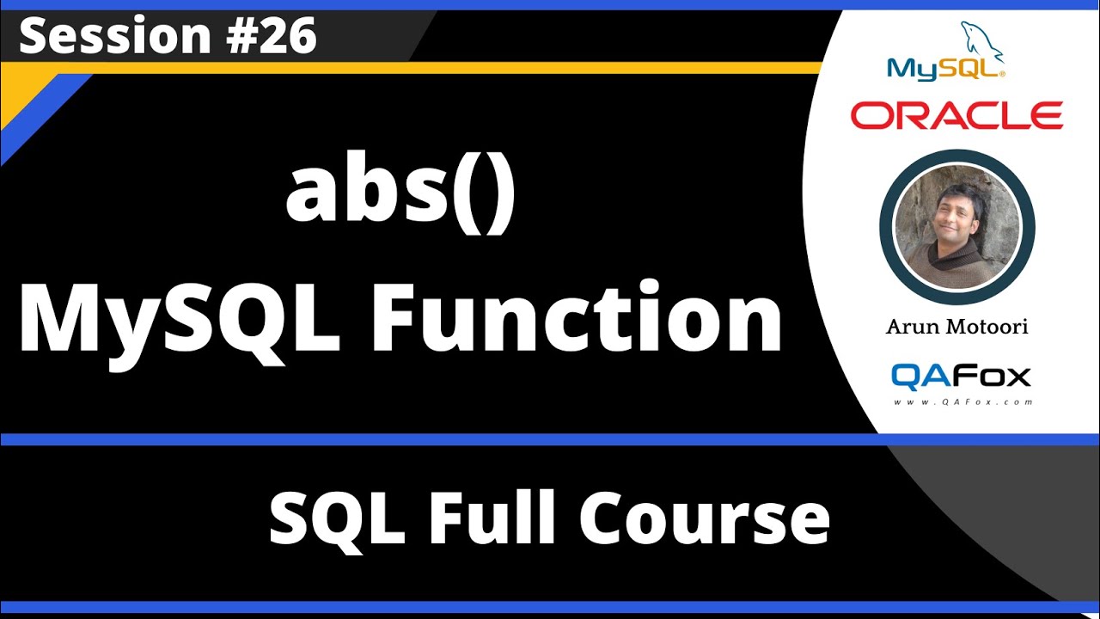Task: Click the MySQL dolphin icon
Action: tap(982, 41)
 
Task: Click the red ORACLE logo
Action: tap(956, 114)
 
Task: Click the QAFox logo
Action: tap(960, 376)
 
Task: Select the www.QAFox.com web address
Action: tap(962, 401)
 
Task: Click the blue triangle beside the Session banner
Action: tap(34, 112)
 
